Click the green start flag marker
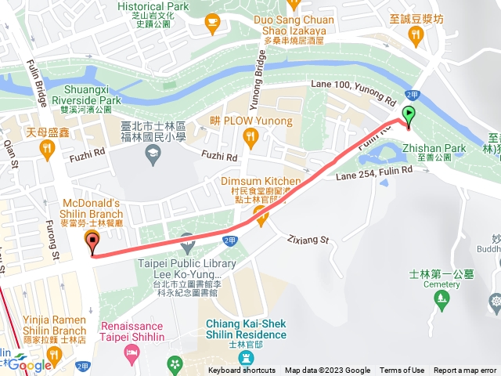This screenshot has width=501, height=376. point(408,116)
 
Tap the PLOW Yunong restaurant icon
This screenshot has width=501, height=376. point(250,139)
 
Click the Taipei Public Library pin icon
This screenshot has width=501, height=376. point(186,240)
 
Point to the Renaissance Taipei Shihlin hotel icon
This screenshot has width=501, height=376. point(131,356)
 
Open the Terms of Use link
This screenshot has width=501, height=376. point(402,371)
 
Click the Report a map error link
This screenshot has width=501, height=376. point(465,371)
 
